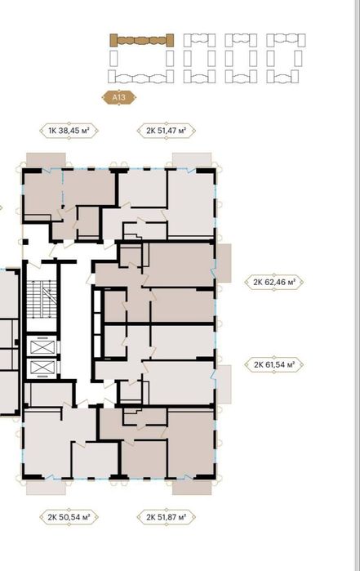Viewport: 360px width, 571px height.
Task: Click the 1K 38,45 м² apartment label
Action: click(69, 131)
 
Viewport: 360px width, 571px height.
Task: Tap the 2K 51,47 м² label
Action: click(167, 131)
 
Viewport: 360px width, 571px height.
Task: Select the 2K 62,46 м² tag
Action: click(273, 282)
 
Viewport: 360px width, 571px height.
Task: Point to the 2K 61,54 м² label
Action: click(273, 364)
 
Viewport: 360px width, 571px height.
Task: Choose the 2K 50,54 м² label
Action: click(69, 517)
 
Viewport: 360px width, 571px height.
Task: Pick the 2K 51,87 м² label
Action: click(167, 517)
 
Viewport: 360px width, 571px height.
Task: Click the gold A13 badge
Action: click(118, 97)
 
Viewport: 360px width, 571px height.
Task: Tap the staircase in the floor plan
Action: click(42, 299)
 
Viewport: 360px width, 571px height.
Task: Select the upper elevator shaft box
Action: click(42, 346)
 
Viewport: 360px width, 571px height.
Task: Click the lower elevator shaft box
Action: click(42, 368)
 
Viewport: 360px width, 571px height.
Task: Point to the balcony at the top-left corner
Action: click(46, 160)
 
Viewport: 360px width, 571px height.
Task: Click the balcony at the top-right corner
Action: click(192, 160)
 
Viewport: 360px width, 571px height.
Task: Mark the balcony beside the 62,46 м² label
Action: click(224, 263)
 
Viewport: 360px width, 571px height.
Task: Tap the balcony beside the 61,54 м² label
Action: click(224, 385)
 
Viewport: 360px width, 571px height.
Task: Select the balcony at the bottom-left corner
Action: click(46, 487)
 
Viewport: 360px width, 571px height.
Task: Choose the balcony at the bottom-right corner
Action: click(192, 487)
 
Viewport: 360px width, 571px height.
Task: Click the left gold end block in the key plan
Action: click(113, 40)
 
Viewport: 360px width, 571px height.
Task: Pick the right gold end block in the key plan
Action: click(170, 40)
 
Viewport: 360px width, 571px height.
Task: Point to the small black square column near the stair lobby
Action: click(25, 242)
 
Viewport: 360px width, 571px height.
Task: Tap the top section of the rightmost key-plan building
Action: click(286, 40)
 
